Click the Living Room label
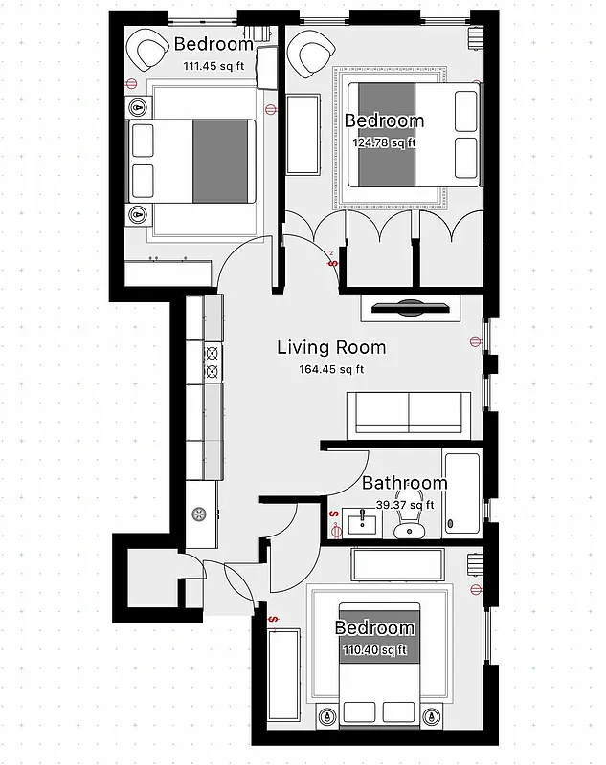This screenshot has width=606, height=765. point(331,348)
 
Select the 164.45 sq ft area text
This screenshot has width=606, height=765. point(331,370)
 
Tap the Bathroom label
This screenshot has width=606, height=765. point(404,484)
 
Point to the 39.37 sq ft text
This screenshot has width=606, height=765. point(404,505)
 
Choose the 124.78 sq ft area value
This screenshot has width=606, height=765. point(384,142)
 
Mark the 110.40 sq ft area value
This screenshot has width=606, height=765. point(374,650)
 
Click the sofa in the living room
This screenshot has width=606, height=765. point(408,412)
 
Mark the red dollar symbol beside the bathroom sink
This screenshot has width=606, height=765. point(334,524)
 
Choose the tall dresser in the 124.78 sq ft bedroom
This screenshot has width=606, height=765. point(303,134)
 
